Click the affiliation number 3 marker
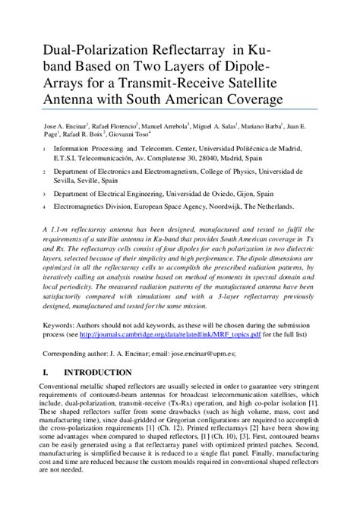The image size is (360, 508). (43, 194)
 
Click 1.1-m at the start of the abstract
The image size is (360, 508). (57, 229)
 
